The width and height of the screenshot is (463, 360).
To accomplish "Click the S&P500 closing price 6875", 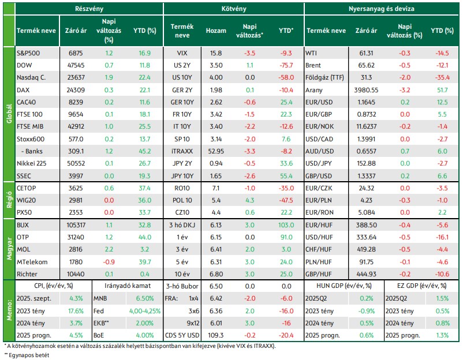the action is point(76,53).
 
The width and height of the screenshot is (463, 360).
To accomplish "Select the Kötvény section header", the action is point(234,9).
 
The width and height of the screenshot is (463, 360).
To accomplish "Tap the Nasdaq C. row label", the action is point(31,77).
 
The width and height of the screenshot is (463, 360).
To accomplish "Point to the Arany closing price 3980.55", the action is point(366,89).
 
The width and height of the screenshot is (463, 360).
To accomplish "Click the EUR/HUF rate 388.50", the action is point(366,225).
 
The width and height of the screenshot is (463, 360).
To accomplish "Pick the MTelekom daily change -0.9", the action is point(109,262).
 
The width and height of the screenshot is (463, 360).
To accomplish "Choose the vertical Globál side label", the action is point(9,114).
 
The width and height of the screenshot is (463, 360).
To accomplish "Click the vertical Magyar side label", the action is point(9,249).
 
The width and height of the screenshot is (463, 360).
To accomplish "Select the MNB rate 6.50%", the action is point(145,298).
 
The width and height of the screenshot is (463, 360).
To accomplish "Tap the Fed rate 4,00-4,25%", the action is point(145,311).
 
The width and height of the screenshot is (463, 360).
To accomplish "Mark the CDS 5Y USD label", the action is point(182,335).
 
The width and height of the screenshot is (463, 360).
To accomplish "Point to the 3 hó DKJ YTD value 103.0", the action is point(286,225).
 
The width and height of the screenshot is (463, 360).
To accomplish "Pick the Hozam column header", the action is point(216,31).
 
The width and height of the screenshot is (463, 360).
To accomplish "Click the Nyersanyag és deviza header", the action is point(381,9).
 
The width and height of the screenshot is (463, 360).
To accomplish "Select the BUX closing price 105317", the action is point(76,225).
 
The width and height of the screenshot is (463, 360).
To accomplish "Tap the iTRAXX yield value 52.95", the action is point(216,151).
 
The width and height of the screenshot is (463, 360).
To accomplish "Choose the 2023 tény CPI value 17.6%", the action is point(76,311).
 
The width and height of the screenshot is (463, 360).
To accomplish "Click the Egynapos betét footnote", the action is point(27,355).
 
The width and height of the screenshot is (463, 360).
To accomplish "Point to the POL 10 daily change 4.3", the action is point(249,200).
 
